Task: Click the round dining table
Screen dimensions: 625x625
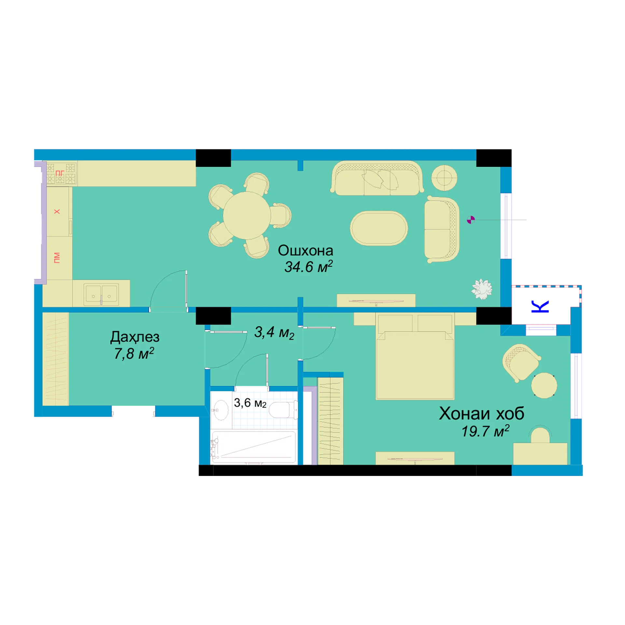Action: (x=246, y=215)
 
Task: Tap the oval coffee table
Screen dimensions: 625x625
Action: (x=379, y=228)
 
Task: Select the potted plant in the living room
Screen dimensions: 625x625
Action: (x=481, y=289)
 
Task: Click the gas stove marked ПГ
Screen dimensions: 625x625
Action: (x=61, y=174)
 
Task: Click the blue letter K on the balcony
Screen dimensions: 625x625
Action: (x=540, y=306)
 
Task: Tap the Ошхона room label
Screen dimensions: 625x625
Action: (x=305, y=251)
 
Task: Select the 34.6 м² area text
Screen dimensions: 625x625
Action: (x=308, y=267)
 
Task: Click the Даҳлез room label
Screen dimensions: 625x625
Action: (x=135, y=337)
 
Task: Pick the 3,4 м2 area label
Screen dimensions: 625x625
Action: (x=274, y=332)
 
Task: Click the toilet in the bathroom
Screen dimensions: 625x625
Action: (x=284, y=410)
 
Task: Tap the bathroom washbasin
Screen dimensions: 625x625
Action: (x=221, y=410)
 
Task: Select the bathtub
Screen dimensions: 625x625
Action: (x=254, y=447)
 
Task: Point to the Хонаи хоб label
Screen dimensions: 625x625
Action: (x=481, y=413)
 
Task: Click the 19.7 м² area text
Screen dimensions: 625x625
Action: (x=485, y=431)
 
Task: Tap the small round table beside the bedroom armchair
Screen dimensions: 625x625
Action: (x=544, y=385)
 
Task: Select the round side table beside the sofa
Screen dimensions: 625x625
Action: (x=444, y=178)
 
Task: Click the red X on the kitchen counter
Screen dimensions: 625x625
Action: (x=57, y=212)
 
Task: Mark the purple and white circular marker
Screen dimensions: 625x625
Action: (x=471, y=220)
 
